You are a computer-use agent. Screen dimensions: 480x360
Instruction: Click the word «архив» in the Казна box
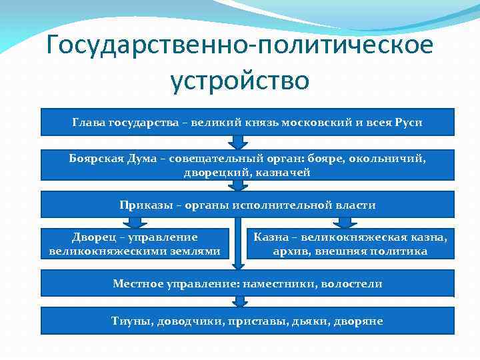pyautogui.click(x=290, y=251)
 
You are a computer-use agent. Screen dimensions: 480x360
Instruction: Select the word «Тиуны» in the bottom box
pyautogui.click(x=131, y=321)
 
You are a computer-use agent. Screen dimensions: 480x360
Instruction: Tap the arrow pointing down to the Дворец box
pyautogui.click(x=136, y=223)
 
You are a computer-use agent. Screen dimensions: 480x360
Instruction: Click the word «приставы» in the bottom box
pyautogui.click(x=261, y=321)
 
